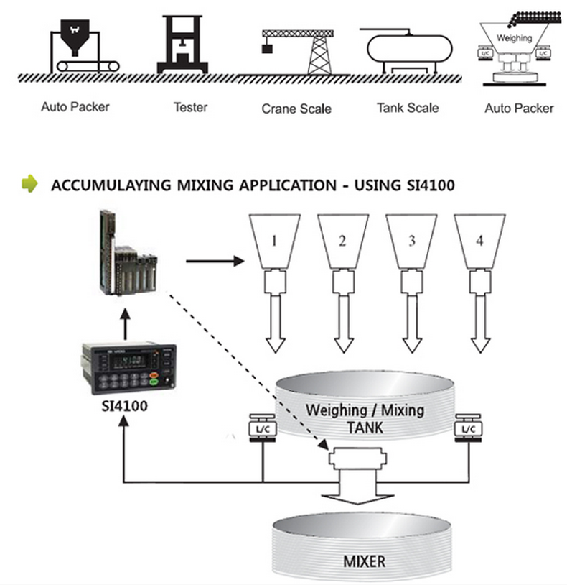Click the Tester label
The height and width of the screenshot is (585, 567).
click(x=190, y=107)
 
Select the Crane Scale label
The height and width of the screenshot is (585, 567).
click(x=296, y=109)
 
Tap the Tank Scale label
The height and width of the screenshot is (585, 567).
click(x=408, y=108)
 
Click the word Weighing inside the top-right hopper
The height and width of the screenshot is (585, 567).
click(x=515, y=38)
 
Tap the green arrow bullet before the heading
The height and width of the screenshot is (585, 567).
click(x=29, y=185)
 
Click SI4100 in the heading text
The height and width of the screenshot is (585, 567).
click(x=428, y=185)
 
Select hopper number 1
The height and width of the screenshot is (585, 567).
click(x=274, y=241)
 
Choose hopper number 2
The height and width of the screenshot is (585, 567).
click(x=343, y=241)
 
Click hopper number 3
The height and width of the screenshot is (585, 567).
click(x=411, y=241)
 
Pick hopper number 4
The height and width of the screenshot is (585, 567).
click(x=479, y=241)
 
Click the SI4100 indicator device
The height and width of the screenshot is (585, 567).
click(x=128, y=366)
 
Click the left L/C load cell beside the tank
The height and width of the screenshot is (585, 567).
click(x=261, y=428)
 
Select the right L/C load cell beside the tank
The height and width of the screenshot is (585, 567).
click(x=468, y=428)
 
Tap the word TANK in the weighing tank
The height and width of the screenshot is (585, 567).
click(x=364, y=428)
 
